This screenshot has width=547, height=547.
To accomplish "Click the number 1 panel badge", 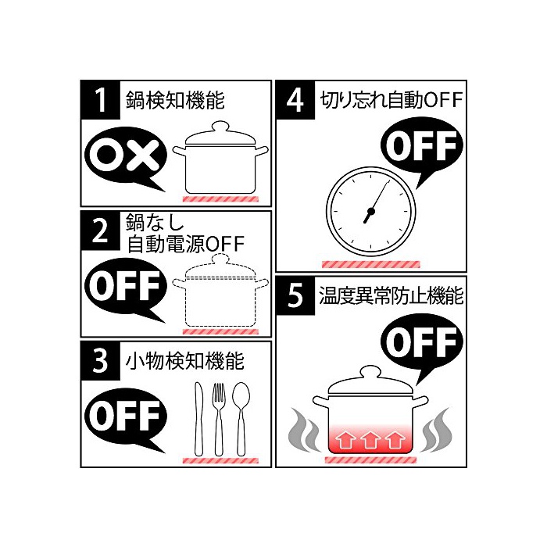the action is (x=101, y=100).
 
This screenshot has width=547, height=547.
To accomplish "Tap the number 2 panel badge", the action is (x=101, y=231).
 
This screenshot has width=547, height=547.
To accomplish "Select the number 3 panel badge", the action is (x=101, y=361).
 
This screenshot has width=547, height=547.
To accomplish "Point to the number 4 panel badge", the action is (x=295, y=100).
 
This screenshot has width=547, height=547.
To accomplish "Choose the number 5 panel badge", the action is (x=295, y=296).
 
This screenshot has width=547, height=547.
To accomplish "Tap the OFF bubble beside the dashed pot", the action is (x=126, y=288).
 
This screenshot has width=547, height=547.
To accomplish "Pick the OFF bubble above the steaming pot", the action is (x=421, y=344).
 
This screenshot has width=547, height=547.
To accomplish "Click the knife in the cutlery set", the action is (x=198, y=419).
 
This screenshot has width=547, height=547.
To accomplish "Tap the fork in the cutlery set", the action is (x=219, y=419).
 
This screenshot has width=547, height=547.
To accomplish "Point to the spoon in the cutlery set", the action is (x=241, y=419).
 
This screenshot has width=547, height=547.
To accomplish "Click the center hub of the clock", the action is (x=371, y=211).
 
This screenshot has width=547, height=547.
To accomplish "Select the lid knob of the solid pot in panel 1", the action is (x=220, y=127).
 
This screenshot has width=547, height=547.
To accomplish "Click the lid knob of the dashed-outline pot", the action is (x=220, y=259).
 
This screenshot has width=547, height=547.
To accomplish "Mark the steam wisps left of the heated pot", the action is (x=304, y=430).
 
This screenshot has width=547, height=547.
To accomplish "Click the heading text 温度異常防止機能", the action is (x=391, y=296).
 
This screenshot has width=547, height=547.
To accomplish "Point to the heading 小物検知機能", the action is (x=184, y=361).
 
